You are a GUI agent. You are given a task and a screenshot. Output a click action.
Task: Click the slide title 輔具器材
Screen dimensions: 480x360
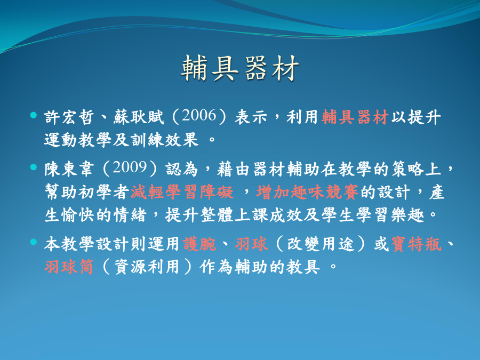coord(239,69)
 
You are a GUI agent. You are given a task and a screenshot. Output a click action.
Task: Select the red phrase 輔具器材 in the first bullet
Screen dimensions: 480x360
coord(355,117)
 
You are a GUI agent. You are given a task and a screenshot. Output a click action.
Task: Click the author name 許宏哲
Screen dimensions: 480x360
coord(69,117)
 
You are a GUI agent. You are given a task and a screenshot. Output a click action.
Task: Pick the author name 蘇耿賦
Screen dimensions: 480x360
coord(139,117)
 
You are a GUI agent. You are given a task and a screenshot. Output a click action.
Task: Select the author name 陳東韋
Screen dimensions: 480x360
coord(69,169)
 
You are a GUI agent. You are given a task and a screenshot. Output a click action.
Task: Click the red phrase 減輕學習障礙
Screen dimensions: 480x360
coord(182,192)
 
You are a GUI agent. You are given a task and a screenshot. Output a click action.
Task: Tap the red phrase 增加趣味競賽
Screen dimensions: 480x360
coord(307,192)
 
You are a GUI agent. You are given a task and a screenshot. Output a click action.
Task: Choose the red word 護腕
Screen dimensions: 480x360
coord(199,244)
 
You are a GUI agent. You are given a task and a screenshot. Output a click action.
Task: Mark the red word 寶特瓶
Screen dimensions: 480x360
coord(417,244)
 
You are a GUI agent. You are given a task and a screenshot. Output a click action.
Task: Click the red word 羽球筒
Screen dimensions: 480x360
coord(69,267)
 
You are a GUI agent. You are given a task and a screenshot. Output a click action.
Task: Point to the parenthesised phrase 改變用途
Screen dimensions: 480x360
coord(320,244)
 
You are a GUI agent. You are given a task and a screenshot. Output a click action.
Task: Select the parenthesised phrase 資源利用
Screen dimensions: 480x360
coord(147,267)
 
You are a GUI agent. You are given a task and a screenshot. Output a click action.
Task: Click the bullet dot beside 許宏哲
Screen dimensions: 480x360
coord(34,115)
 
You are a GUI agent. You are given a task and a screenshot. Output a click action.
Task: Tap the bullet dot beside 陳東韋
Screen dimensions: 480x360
coord(34,167)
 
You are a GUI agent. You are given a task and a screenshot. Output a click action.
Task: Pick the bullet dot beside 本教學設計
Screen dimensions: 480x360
coord(34,242)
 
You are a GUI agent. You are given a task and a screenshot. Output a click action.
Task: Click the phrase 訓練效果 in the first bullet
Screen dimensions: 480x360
coord(165,140)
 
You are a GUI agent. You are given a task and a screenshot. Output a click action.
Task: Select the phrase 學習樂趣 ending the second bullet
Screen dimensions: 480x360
coord(390,215)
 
